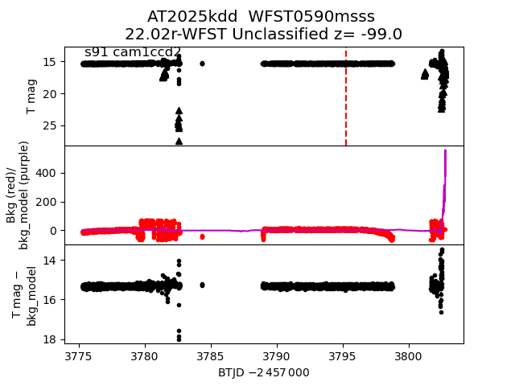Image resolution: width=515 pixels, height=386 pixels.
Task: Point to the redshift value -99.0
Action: [379, 34]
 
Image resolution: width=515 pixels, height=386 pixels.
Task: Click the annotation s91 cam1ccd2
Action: [133, 52]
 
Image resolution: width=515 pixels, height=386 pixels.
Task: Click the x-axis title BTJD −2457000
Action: [263, 372]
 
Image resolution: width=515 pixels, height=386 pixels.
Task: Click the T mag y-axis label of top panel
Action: [32, 96]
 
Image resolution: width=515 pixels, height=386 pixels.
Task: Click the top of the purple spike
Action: [445, 150]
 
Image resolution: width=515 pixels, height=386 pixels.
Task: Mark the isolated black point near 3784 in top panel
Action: [202, 63]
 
